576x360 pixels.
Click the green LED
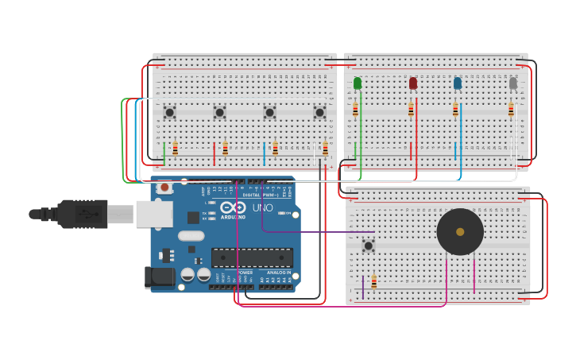pyautogui.click(x=358, y=83)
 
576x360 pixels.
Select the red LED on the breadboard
pyautogui.click(x=413, y=83)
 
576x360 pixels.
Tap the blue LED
pyautogui.click(x=458, y=83)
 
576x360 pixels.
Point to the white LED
pyautogui.click(x=513, y=83)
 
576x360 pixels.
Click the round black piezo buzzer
pyautogui.click(x=460, y=232)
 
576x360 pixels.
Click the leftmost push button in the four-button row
pyautogui.click(x=169, y=112)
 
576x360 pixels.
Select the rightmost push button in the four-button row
pyautogui.click(x=319, y=112)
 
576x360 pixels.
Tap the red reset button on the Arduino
pyautogui.click(x=164, y=188)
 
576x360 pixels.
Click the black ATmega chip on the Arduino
pyautogui.click(x=252, y=257)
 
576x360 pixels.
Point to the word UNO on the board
pyautogui.click(x=262, y=207)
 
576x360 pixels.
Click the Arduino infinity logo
pyautogui.click(x=234, y=207)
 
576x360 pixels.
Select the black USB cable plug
pyautogui.click(x=79, y=214)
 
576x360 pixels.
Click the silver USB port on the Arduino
pyautogui.click(x=154, y=214)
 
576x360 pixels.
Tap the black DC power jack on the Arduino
pyautogui.click(x=159, y=277)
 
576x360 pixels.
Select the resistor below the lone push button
pyautogui.click(x=373, y=281)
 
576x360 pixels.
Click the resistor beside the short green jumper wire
pyautogui.click(x=175, y=149)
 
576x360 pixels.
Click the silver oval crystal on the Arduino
pyautogui.click(x=191, y=235)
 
